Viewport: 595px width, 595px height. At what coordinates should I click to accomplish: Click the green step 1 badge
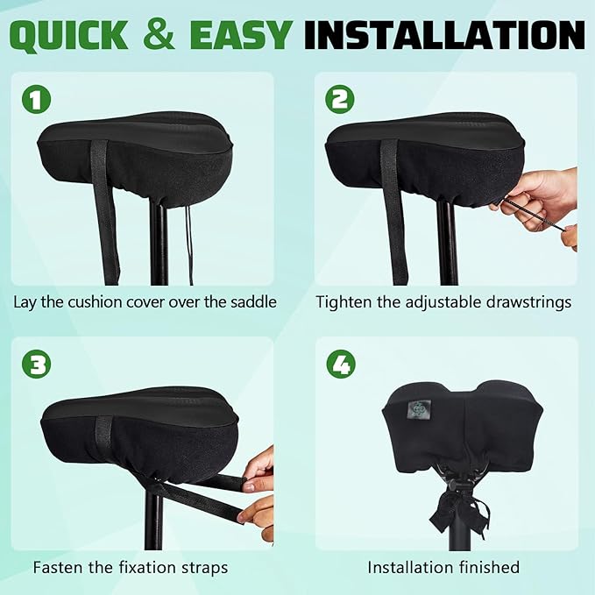(37, 100)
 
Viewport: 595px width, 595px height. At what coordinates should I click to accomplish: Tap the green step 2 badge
(340, 100)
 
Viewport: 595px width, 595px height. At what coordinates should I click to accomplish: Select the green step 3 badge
(37, 364)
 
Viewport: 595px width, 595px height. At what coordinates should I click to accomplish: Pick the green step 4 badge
(340, 364)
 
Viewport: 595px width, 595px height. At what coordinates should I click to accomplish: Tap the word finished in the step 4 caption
(487, 567)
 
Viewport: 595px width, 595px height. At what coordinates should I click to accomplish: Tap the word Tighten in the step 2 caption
(345, 302)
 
